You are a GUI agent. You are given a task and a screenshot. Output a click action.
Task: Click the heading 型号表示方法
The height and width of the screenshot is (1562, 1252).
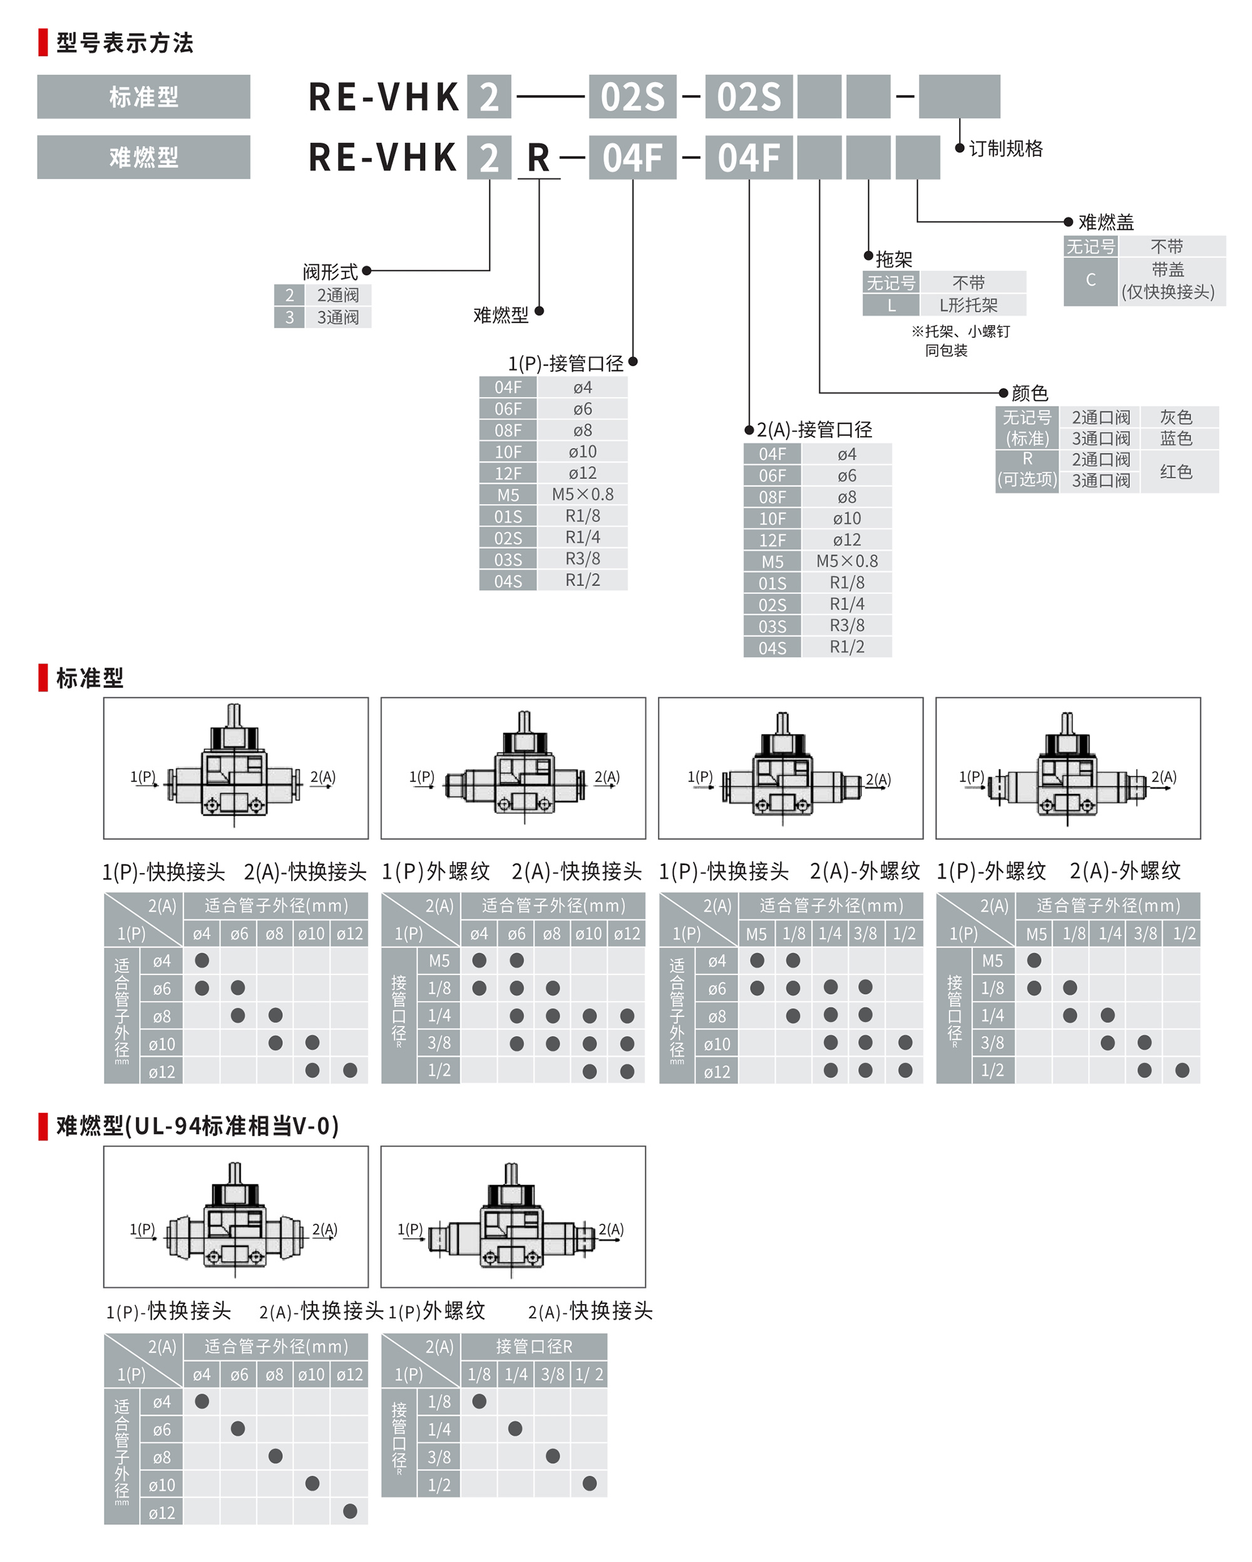click(x=125, y=43)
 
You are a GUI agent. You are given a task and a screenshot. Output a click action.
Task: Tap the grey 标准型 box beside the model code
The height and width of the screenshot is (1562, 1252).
click(x=143, y=96)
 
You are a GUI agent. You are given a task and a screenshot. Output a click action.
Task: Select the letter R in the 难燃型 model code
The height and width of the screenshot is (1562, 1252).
click(x=538, y=157)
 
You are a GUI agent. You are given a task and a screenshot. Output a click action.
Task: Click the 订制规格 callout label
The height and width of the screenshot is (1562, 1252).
click(x=1005, y=148)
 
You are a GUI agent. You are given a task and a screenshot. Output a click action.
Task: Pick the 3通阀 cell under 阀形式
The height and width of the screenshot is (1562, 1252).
click(x=337, y=318)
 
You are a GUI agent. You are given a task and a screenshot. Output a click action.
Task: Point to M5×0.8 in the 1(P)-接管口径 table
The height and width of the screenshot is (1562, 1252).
click(x=582, y=495)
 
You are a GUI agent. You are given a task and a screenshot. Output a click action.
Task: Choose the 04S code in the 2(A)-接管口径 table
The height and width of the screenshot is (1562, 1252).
click(x=772, y=648)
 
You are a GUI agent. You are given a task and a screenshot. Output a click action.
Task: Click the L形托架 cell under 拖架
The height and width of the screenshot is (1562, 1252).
click(x=968, y=305)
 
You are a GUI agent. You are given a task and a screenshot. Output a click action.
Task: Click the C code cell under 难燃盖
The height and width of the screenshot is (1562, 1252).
click(x=1090, y=281)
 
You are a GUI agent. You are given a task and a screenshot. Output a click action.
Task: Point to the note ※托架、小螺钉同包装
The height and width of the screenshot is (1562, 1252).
click(x=960, y=341)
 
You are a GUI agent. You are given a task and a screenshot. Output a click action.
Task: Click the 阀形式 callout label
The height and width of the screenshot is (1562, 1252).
click(x=330, y=272)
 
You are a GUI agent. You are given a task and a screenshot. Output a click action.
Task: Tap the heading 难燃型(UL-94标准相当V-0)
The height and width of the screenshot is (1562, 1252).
click(x=197, y=1125)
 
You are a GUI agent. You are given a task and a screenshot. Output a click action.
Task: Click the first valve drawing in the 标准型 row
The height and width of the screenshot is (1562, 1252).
click(x=235, y=768)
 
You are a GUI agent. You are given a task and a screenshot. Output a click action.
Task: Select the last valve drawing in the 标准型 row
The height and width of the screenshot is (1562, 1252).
click(x=1067, y=768)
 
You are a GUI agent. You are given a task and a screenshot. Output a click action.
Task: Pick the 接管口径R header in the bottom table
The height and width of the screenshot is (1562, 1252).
click(x=534, y=1346)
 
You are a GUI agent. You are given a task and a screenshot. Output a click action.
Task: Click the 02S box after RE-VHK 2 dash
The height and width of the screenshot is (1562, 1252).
click(x=632, y=96)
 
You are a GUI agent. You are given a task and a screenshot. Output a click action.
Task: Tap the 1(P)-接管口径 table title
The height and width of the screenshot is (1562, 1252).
click(x=565, y=363)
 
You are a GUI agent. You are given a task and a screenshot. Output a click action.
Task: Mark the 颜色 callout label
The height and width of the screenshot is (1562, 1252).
click(x=1029, y=393)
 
